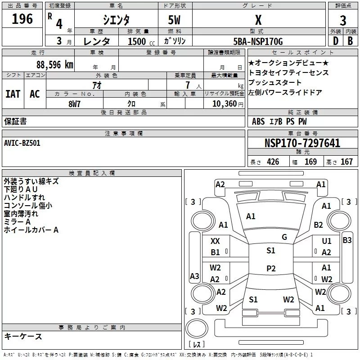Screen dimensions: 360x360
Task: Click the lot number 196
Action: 22,19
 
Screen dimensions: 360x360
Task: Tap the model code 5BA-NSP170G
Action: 258,42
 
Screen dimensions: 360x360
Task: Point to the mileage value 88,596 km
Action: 54,65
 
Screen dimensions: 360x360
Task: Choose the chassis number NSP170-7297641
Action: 302,144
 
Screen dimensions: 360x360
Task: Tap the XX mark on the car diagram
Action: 216,241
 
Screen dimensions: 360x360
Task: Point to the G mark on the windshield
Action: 284,237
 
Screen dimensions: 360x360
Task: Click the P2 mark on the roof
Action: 271,269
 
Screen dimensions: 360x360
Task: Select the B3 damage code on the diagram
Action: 347,240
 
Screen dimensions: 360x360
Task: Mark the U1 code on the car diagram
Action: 327,242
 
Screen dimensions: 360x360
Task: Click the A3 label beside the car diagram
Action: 194,276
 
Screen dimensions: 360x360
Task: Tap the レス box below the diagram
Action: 197,344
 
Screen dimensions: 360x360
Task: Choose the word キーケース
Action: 23,337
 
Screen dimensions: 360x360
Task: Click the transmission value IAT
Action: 13,94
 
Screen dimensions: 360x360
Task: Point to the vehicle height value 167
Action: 346,162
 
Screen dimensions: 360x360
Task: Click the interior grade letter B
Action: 350,41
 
